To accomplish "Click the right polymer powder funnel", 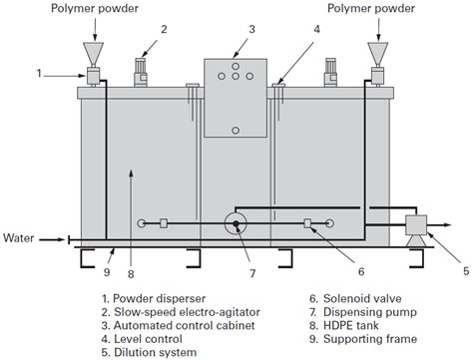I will (377, 51).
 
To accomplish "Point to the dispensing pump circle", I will (237, 223).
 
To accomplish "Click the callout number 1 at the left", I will (40, 73).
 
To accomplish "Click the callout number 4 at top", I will (316, 29).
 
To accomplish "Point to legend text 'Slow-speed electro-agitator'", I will (187, 310).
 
